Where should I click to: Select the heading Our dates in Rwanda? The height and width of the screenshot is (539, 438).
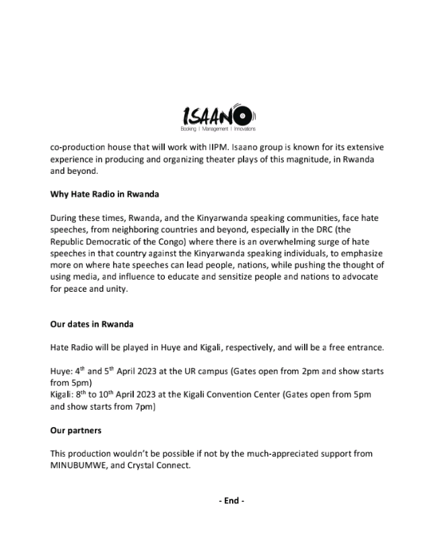pos(92,324)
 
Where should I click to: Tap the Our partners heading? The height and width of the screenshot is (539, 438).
pos(75,430)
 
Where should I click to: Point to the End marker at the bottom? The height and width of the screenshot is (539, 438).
pos(231,501)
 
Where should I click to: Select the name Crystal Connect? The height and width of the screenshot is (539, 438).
pos(157,464)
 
